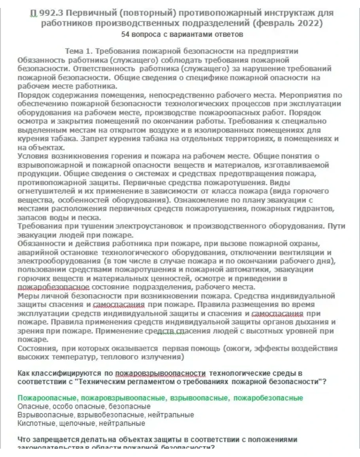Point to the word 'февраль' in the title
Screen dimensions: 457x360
[x=269, y=23]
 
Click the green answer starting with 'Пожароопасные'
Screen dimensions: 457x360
[x=160, y=398]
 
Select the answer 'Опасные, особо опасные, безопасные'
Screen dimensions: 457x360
[x=84, y=406]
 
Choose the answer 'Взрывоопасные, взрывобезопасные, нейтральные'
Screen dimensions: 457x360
[x=106, y=415]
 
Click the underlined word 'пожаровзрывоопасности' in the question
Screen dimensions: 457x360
[x=161, y=373]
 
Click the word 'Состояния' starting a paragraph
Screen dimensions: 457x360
[x=36, y=348]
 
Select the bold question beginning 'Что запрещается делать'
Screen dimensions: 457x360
[x=157, y=440]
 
